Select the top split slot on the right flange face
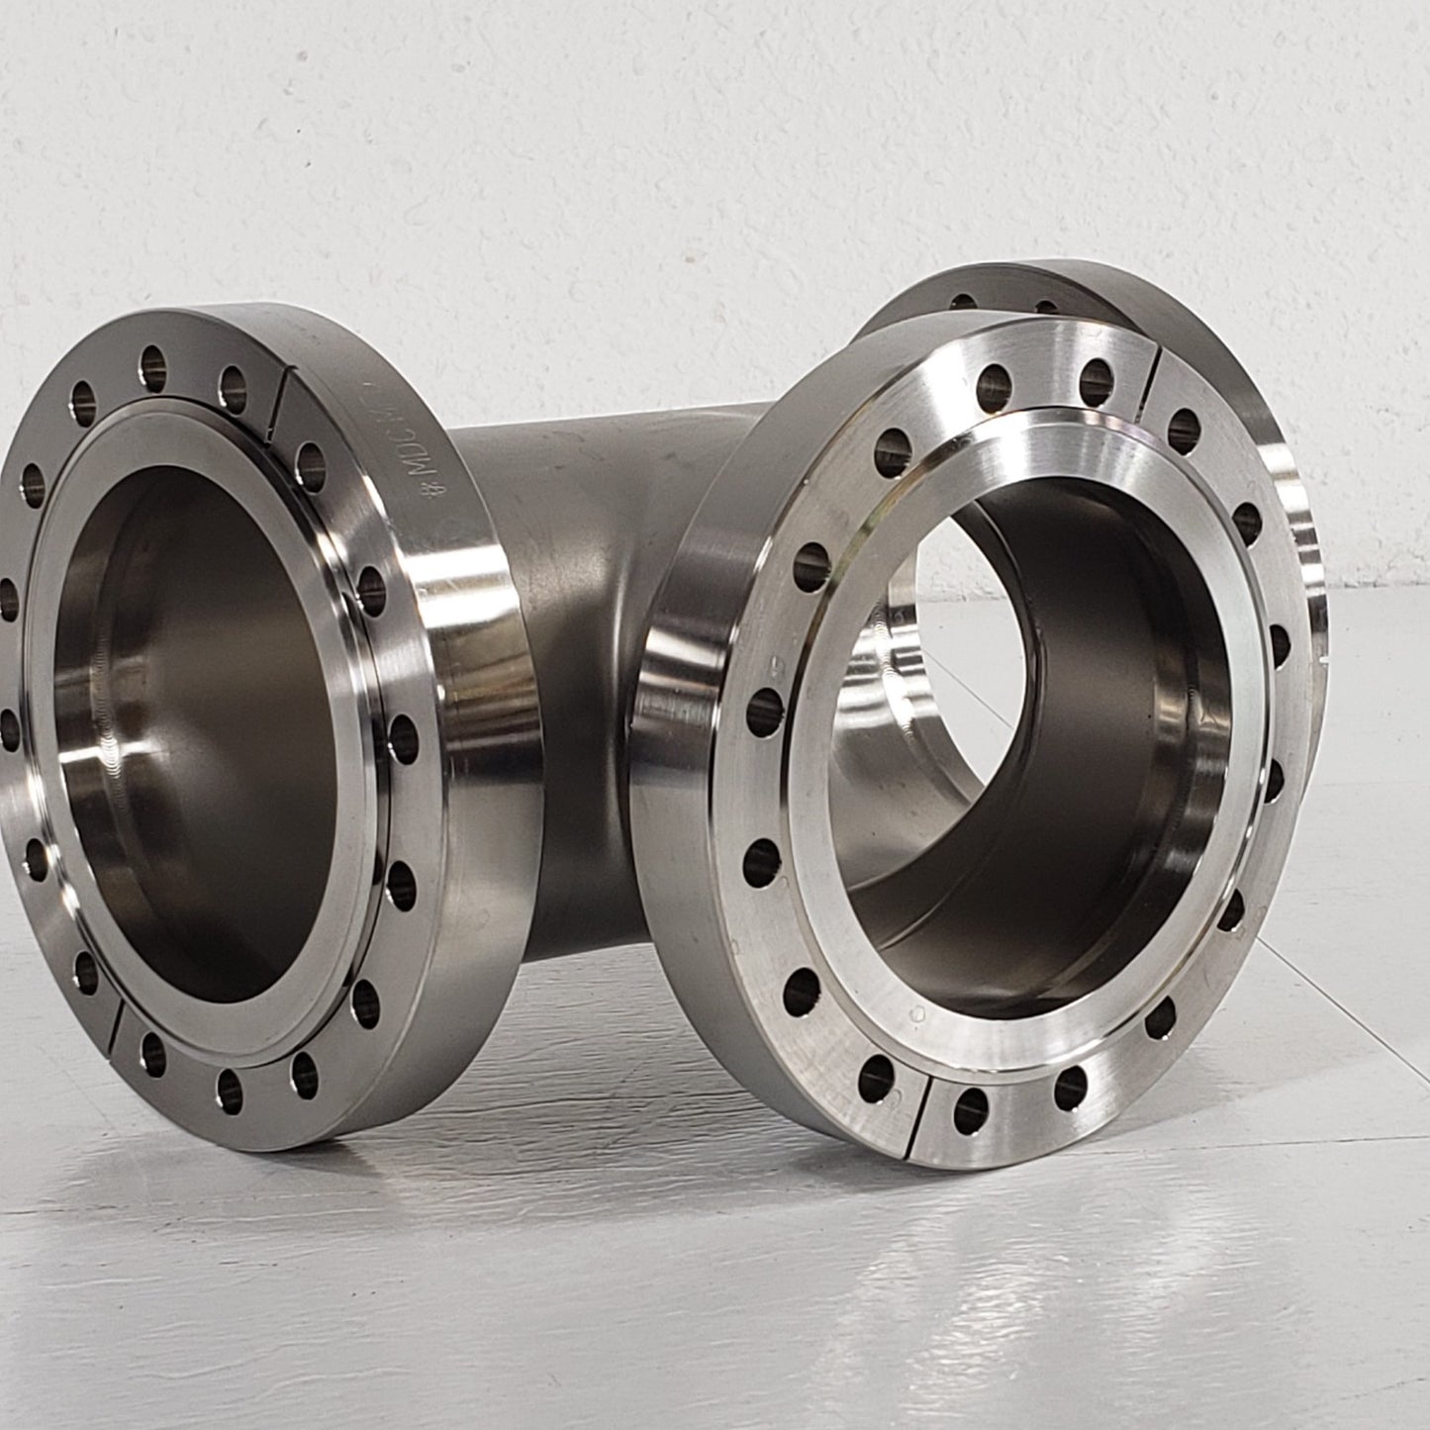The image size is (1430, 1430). (x=1154, y=381)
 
